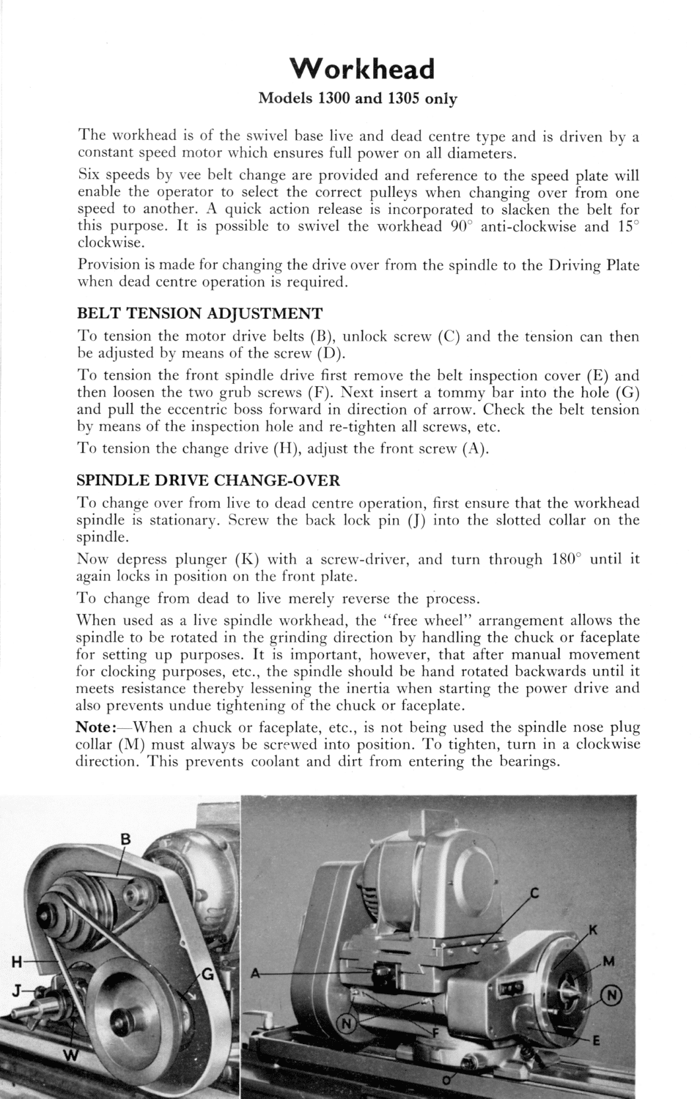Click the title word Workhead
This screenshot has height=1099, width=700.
tap(362, 68)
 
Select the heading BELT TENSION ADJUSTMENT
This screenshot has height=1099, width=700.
tap(199, 314)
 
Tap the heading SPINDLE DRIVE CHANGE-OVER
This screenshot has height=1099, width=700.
tap(208, 481)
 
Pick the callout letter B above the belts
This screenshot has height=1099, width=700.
tap(125, 840)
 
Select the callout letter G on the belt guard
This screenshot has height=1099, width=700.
tap(207, 974)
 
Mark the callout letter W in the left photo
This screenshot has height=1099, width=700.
tap(71, 1055)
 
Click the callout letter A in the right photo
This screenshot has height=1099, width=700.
tap(256, 973)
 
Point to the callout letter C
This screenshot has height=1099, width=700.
tap(534, 892)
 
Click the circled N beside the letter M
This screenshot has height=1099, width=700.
tap(613, 994)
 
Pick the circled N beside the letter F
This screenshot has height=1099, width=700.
tap(349, 1024)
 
